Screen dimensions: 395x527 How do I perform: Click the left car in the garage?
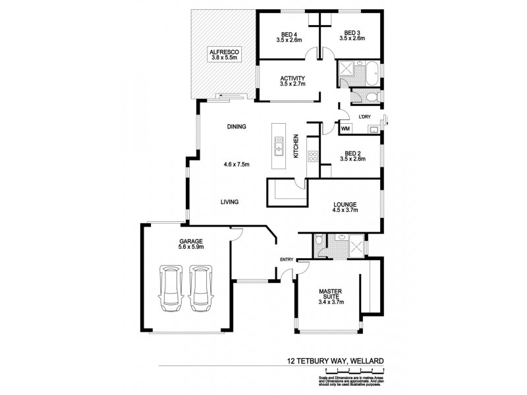tap(171, 288)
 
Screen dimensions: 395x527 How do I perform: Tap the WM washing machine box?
tap(345, 129)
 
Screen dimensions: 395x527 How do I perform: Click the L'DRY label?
tap(366, 117)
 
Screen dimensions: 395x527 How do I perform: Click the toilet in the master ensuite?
tap(320, 242)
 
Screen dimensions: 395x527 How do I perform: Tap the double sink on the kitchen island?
tap(279, 148)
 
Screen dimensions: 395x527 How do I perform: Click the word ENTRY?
tap(287, 259)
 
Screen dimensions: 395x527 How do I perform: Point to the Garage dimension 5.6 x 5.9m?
tap(190, 247)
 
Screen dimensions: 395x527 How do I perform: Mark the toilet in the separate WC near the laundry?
tap(371, 97)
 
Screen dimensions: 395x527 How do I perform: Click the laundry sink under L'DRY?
tap(373, 130)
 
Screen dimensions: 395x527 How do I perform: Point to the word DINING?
tap(236, 127)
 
